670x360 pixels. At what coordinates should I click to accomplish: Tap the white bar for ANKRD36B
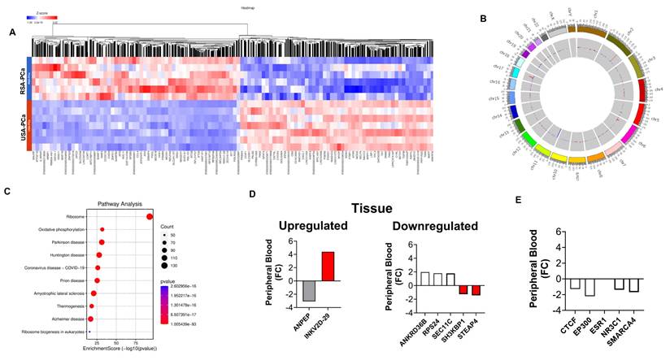tap(424, 278)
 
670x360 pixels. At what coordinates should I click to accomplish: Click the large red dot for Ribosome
tap(150, 215)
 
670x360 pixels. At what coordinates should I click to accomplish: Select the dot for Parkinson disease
tap(102, 242)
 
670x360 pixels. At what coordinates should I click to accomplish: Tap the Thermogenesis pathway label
tap(68, 306)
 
